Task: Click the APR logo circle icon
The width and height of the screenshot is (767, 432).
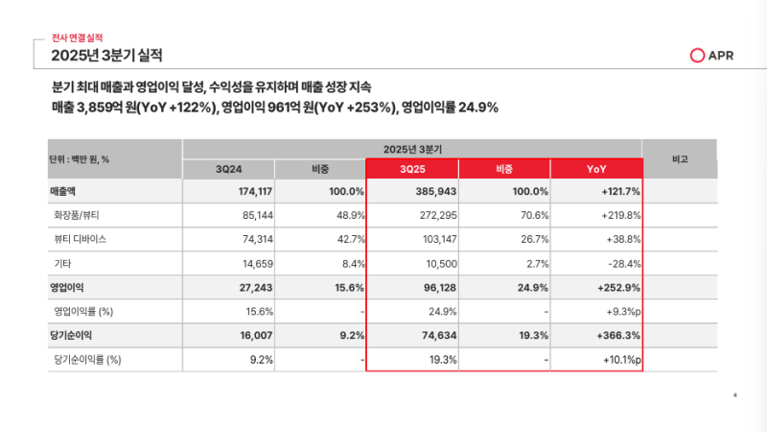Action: (698, 56)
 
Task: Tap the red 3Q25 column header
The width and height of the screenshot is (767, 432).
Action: (412, 169)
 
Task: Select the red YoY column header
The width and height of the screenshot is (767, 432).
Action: (596, 169)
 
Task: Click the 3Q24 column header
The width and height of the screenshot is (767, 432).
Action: (229, 169)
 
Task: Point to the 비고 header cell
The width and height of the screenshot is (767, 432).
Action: (680, 158)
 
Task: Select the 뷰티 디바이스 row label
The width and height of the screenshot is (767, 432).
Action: (80, 238)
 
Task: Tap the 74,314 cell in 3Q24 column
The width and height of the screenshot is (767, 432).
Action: (251, 238)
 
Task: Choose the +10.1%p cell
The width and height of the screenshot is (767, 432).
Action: (619, 359)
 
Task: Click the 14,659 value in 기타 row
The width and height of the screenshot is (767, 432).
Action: (251, 263)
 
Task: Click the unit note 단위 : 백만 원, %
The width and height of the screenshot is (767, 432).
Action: (80, 158)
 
